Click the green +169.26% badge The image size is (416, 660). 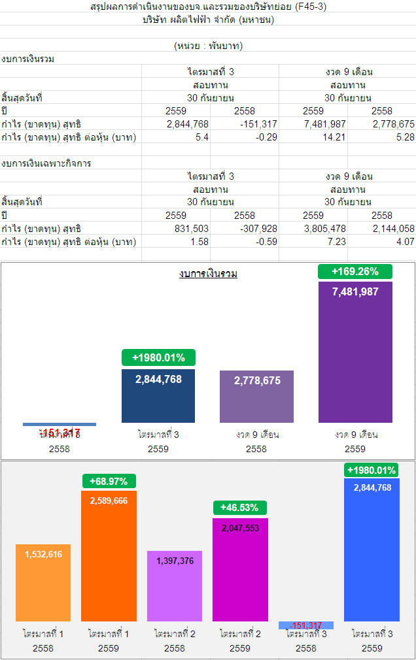pos(355,271)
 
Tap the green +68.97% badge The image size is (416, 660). pos(109,481)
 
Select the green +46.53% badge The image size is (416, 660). pos(240,507)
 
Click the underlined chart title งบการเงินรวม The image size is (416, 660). pos(208,274)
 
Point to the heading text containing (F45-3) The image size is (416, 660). pos(208,7)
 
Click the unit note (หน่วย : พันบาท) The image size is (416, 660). pos(208,46)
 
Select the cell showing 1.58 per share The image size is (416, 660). pos(199,242)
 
